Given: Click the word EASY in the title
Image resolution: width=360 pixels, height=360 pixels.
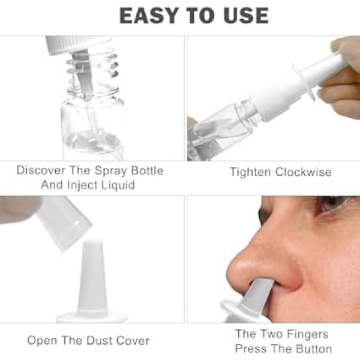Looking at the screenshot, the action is pyautogui.click(x=149, y=16).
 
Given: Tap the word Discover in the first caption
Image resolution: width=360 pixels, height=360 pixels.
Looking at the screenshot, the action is pyautogui.click(x=41, y=170).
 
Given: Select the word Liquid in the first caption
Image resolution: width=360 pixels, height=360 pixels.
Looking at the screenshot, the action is pyautogui.click(x=118, y=185).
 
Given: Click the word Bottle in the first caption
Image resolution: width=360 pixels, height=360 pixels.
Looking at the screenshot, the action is pyautogui.click(x=147, y=170).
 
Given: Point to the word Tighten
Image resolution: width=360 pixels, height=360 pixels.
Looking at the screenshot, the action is pyautogui.click(x=250, y=172).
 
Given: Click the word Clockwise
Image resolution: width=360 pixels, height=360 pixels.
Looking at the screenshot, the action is pyautogui.click(x=303, y=172).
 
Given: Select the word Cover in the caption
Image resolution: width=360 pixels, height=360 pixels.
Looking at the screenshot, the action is pyautogui.click(x=133, y=341).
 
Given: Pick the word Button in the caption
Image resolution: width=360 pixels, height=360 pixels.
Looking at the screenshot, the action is pyautogui.click(x=314, y=349).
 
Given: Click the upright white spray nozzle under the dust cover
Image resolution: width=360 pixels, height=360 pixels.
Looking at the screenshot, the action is pyautogui.click(x=92, y=278).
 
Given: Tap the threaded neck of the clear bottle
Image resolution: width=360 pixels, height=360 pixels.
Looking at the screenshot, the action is pyautogui.click(x=92, y=73).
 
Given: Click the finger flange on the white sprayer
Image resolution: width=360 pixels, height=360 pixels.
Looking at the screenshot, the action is pyautogui.click(x=303, y=82).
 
